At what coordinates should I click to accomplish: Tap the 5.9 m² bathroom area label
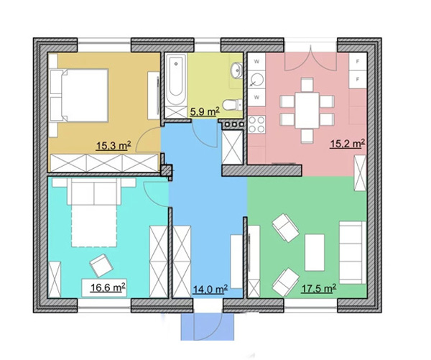pyautogui.click(x=205, y=111)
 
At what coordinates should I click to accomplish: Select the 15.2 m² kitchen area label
pyautogui.click(x=348, y=143)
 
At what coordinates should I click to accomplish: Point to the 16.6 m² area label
pyautogui.click(x=108, y=287)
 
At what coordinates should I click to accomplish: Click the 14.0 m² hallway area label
pyautogui.click(x=210, y=289)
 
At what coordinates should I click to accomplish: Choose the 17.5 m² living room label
pyautogui.click(x=319, y=288)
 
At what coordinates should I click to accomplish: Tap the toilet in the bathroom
pyautogui.click(x=232, y=104)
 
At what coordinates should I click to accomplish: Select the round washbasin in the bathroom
pyautogui.click(x=237, y=70)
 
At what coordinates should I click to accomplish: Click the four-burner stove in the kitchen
pyautogui.click(x=256, y=124)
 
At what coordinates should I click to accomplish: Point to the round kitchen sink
pyautogui.click(x=257, y=80)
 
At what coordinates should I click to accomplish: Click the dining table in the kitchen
pyautogui.click(x=307, y=110)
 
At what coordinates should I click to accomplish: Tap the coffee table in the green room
pyautogui.click(x=315, y=252)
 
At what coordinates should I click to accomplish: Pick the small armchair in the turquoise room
pyautogui.click(x=101, y=265)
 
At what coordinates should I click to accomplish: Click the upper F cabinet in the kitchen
pyautogui.click(x=358, y=62)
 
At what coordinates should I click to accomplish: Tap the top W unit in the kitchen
pyautogui.click(x=256, y=62)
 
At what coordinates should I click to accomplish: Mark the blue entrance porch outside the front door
pyautogui.click(x=208, y=327)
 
